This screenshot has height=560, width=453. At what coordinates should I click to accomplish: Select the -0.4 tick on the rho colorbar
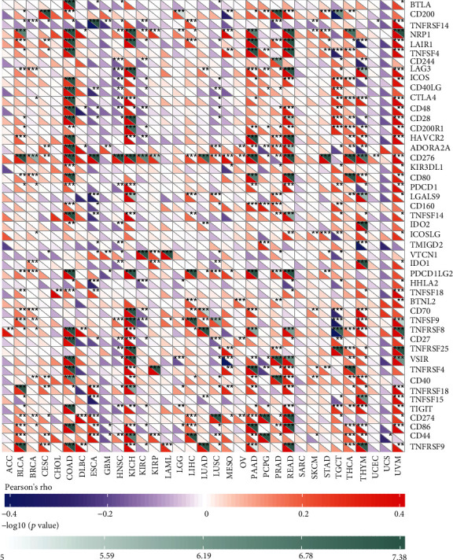click(8, 512)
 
